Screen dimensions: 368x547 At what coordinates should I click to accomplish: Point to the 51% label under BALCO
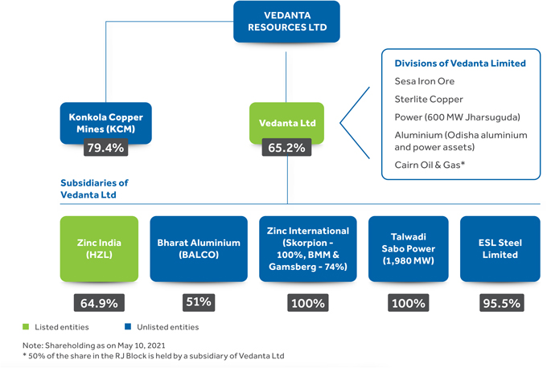[x=198, y=302]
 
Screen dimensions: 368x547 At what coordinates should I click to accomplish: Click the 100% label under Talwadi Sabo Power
[x=408, y=303]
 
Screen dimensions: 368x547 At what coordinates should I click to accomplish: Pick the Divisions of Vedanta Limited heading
[x=460, y=63]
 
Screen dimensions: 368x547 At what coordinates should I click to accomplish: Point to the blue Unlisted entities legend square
[x=128, y=327]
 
